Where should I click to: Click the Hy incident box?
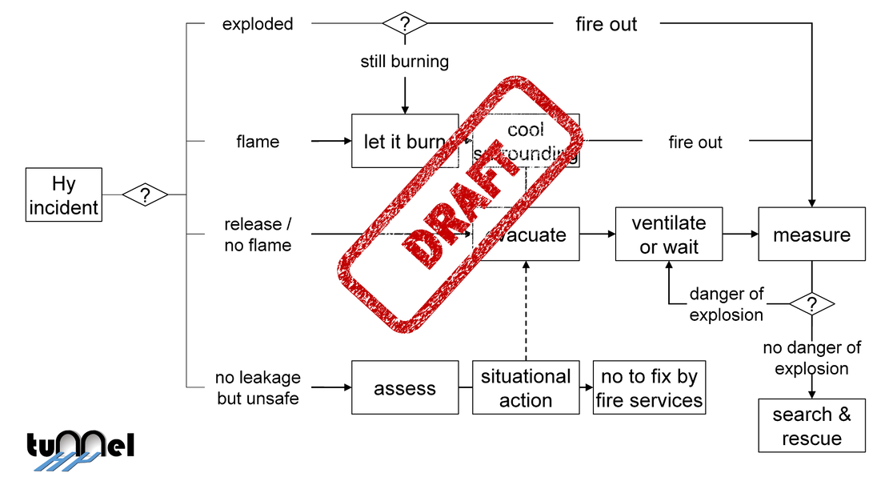coord(63,194)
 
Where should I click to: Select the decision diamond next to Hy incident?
coord(145,194)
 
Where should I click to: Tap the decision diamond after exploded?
coord(405,23)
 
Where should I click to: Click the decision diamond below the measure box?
coord(811,304)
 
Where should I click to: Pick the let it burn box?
coord(405,142)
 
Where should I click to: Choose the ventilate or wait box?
coord(669,234)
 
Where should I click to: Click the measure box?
coord(811,234)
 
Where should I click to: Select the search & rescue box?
coord(811,426)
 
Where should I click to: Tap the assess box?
coord(405,388)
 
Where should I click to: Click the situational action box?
coord(526,388)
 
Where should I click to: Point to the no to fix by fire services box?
coord(649,388)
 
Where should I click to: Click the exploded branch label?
coord(258,24)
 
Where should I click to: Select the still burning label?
coord(404,62)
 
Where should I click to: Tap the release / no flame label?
coord(258,234)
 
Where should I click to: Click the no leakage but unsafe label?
coord(258,387)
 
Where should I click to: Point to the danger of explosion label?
coord(727,304)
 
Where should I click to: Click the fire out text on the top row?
coord(606,24)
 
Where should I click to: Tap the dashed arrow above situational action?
coord(526,312)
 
